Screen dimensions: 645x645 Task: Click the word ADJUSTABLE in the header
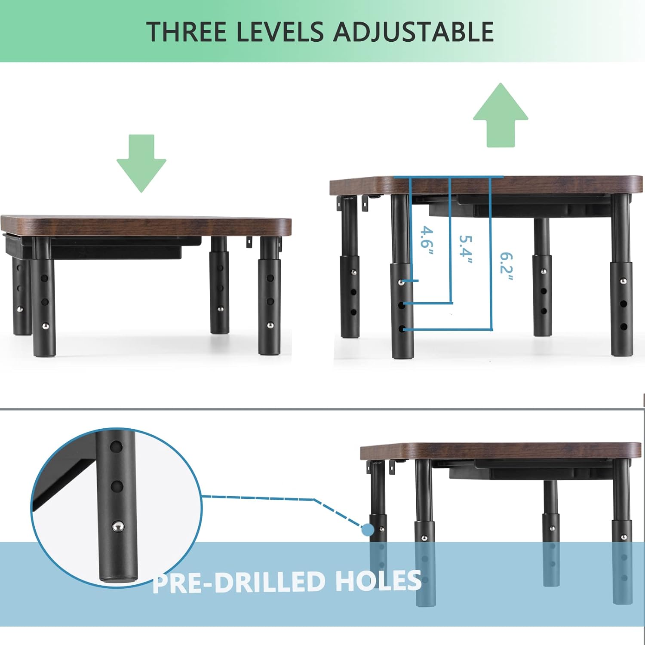pos(414,32)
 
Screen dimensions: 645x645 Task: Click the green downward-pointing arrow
pos(141,163)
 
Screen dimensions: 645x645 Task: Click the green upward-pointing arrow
pos(501,115)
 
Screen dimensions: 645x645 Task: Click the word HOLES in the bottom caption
pos(378,581)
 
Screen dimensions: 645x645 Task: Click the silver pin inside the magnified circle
pos(117,526)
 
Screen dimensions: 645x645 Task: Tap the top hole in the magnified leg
pos(116,447)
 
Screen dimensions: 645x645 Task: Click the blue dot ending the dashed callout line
pos(368,530)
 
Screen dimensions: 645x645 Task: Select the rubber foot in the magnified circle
pos(117,579)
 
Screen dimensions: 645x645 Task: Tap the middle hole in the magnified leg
pos(117,486)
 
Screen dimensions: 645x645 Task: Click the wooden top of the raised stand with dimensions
pos(486,185)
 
